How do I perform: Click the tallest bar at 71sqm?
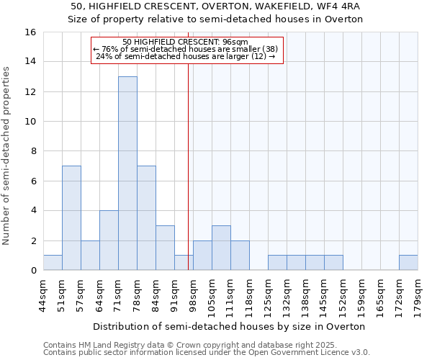127,173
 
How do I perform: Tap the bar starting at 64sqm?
109,240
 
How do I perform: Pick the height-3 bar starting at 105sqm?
221,248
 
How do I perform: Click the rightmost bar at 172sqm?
408,263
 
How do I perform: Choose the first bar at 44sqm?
53,263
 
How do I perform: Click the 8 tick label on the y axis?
33,151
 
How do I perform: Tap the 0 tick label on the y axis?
33,271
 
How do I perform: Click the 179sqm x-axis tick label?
418,294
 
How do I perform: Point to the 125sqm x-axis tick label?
269,294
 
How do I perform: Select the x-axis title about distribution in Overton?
230,326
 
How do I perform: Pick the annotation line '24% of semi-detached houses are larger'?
186,56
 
